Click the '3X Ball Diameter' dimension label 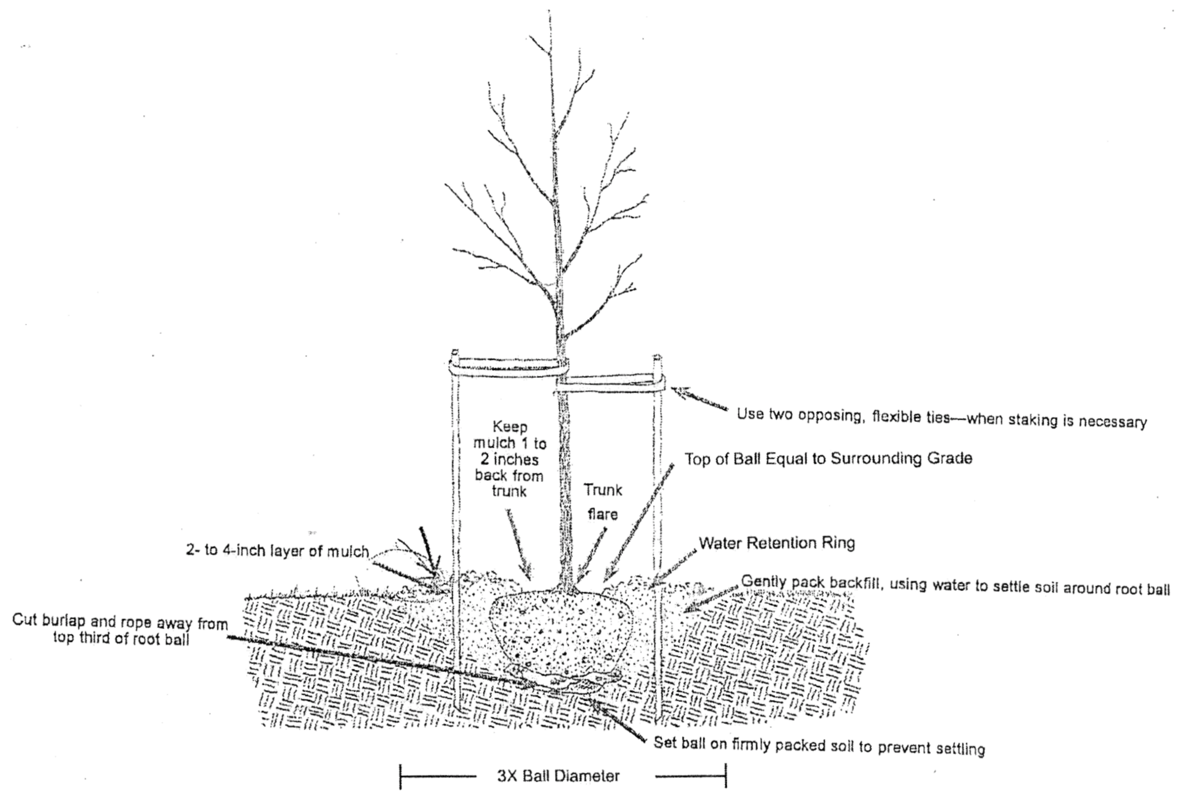(x=558, y=777)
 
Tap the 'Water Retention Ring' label (x=777, y=543)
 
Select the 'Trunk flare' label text (x=603, y=502)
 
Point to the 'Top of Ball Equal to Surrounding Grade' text (x=828, y=459)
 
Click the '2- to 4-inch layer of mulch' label (x=277, y=551)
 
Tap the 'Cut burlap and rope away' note (x=121, y=631)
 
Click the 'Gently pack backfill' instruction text (x=956, y=585)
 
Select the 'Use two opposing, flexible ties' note (x=941, y=418)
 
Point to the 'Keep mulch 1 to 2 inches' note (x=510, y=459)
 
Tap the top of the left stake (x=454, y=353)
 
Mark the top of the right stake (x=657, y=357)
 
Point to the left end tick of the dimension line (x=400, y=777)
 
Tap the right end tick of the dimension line (x=725, y=775)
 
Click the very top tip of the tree (x=549, y=11)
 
